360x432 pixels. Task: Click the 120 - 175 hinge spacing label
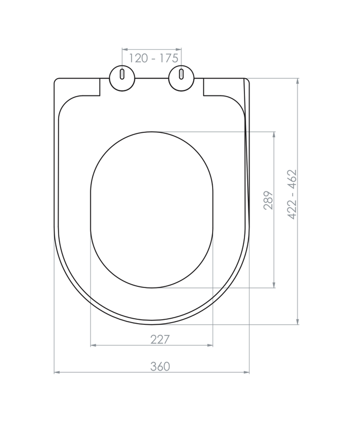coord(153,58)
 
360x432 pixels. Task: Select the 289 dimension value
coord(268,200)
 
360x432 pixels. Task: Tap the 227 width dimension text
coord(159,339)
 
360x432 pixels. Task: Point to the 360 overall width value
coord(160,366)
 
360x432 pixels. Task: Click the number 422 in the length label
coord(292,210)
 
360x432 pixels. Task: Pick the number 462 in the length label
coord(292,180)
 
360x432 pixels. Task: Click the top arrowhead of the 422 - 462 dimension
coord(297,81)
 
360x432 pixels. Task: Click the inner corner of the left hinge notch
coord(100,95)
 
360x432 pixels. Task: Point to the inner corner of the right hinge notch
coord(204,95)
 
